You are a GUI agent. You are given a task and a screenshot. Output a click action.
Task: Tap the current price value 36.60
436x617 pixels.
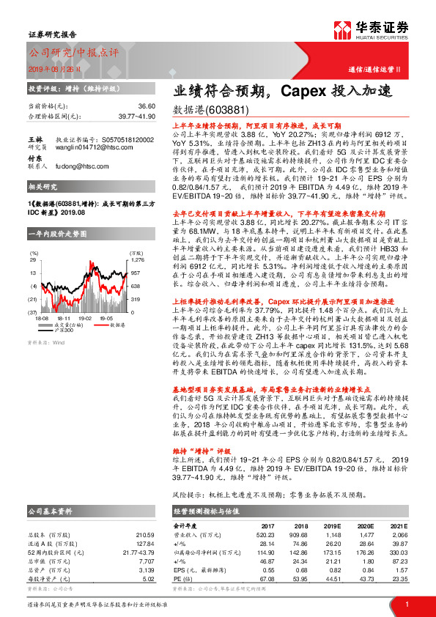tap(147, 106)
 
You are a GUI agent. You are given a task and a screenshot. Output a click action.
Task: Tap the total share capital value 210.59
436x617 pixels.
tap(145, 534)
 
